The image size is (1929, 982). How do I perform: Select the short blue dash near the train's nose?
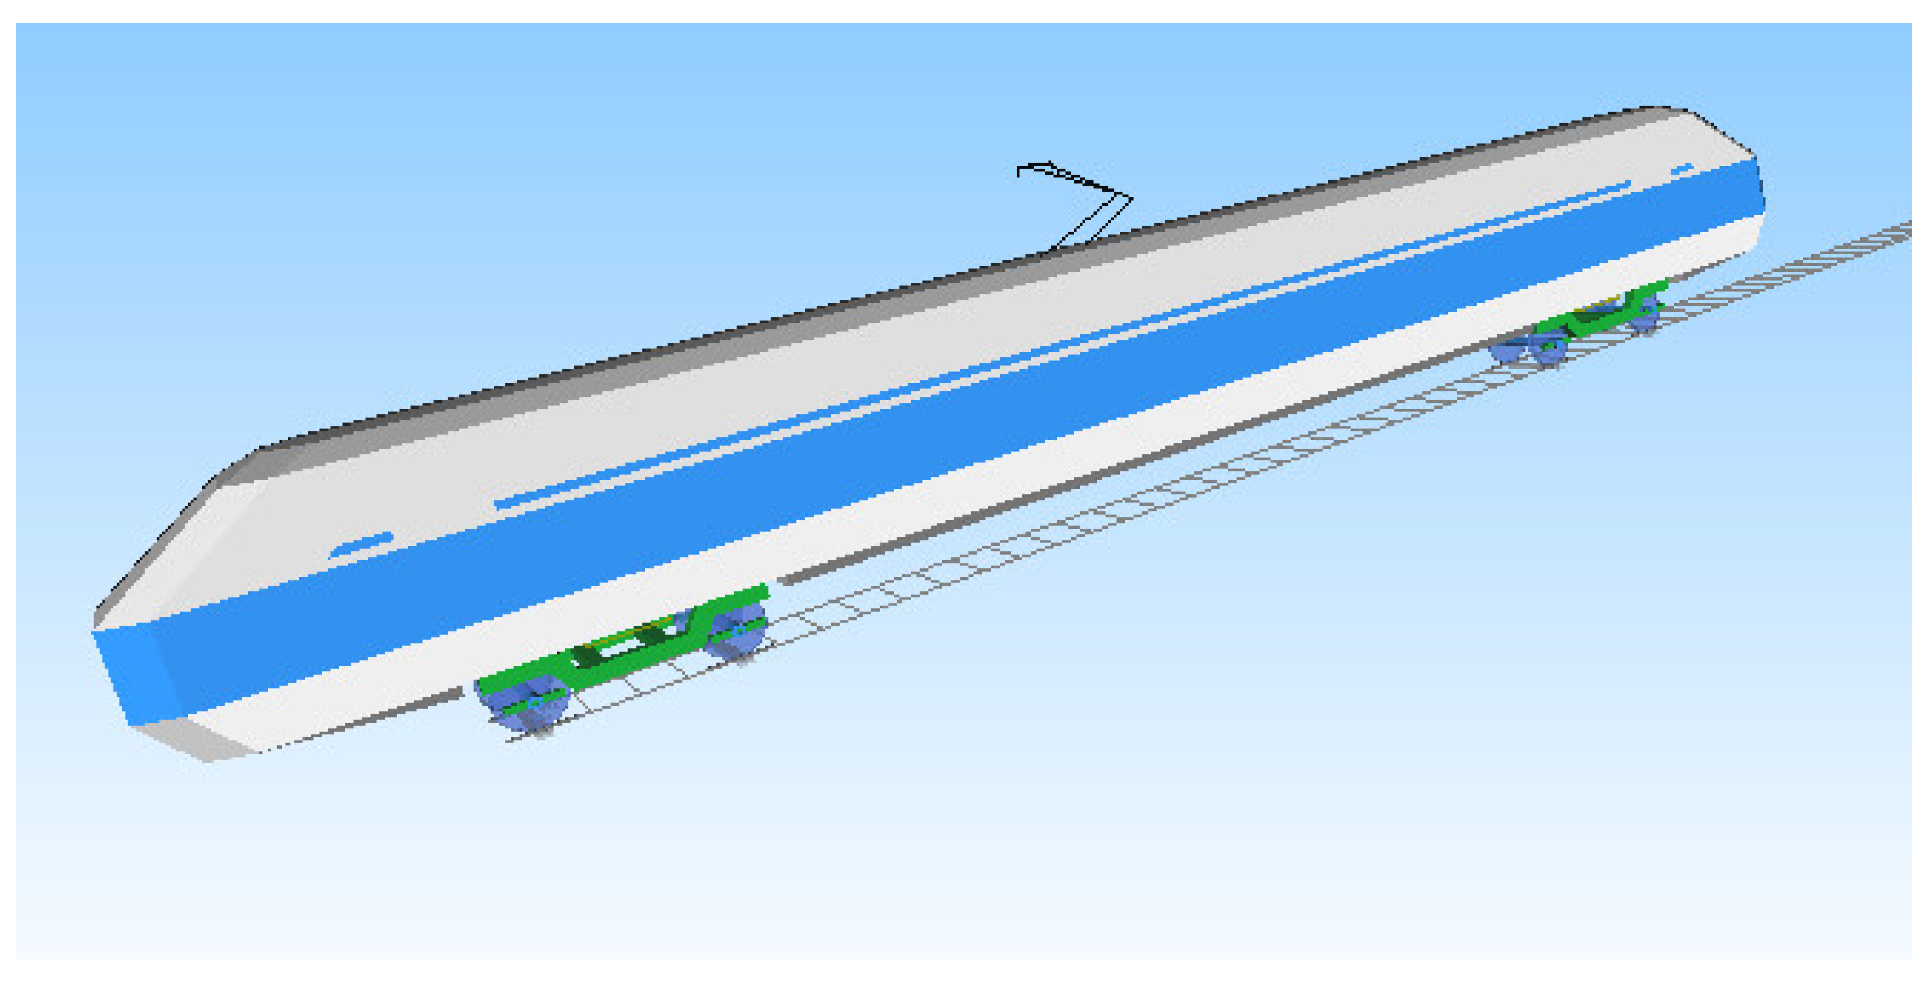[361, 545]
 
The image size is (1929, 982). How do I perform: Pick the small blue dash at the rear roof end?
[1683, 169]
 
